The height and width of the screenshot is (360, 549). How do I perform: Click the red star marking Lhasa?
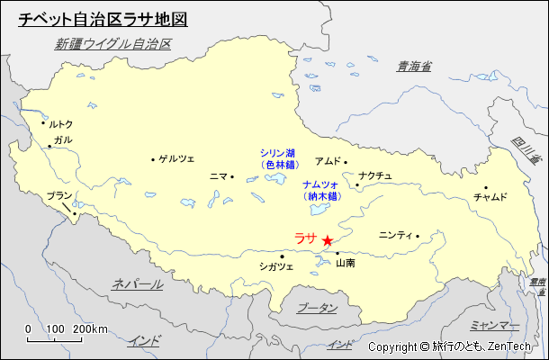click(327, 240)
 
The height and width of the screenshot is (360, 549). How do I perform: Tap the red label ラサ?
click(305, 238)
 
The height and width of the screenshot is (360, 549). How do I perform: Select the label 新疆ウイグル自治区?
click(112, 43)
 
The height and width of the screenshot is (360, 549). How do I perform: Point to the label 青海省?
click(415, 66)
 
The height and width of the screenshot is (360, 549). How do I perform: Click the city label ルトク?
click(60, 124)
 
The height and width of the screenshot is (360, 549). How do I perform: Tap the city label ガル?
click(63, 140)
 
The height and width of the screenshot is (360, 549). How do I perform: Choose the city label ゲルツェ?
click(176, 159)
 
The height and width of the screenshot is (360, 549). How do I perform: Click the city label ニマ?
click(218, 176)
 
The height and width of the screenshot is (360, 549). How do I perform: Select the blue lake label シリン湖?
click(278, 153)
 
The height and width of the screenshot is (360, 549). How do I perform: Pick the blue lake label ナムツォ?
click(320, 184)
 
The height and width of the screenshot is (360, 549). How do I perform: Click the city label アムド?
click(328, 161)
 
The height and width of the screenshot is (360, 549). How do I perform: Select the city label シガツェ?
click(275, 266)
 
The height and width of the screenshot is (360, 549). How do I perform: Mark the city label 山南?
click(346, 264)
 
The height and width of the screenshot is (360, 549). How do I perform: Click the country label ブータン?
click(317, 308)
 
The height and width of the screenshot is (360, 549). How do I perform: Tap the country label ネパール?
click(137, 284)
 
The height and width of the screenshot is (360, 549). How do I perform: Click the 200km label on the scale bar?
click(91, 328)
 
